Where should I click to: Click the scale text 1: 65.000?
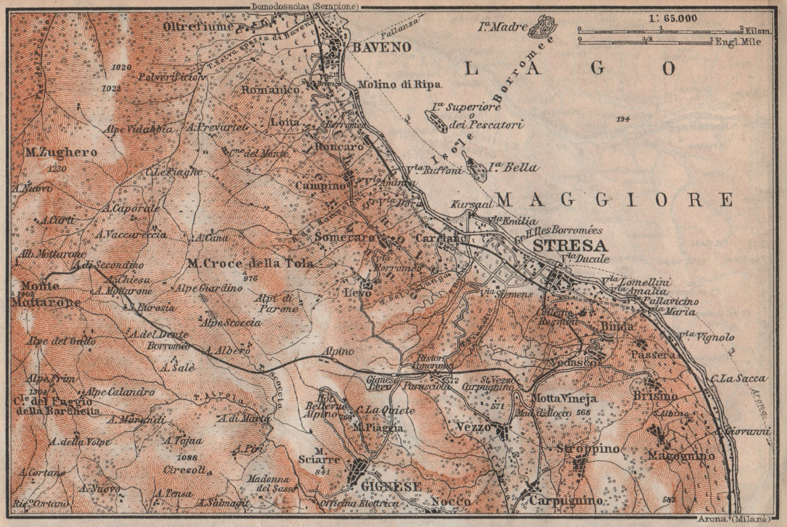[672, 18]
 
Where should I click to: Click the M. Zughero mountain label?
[61, 153]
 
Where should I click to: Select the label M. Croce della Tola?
[250, 263]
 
